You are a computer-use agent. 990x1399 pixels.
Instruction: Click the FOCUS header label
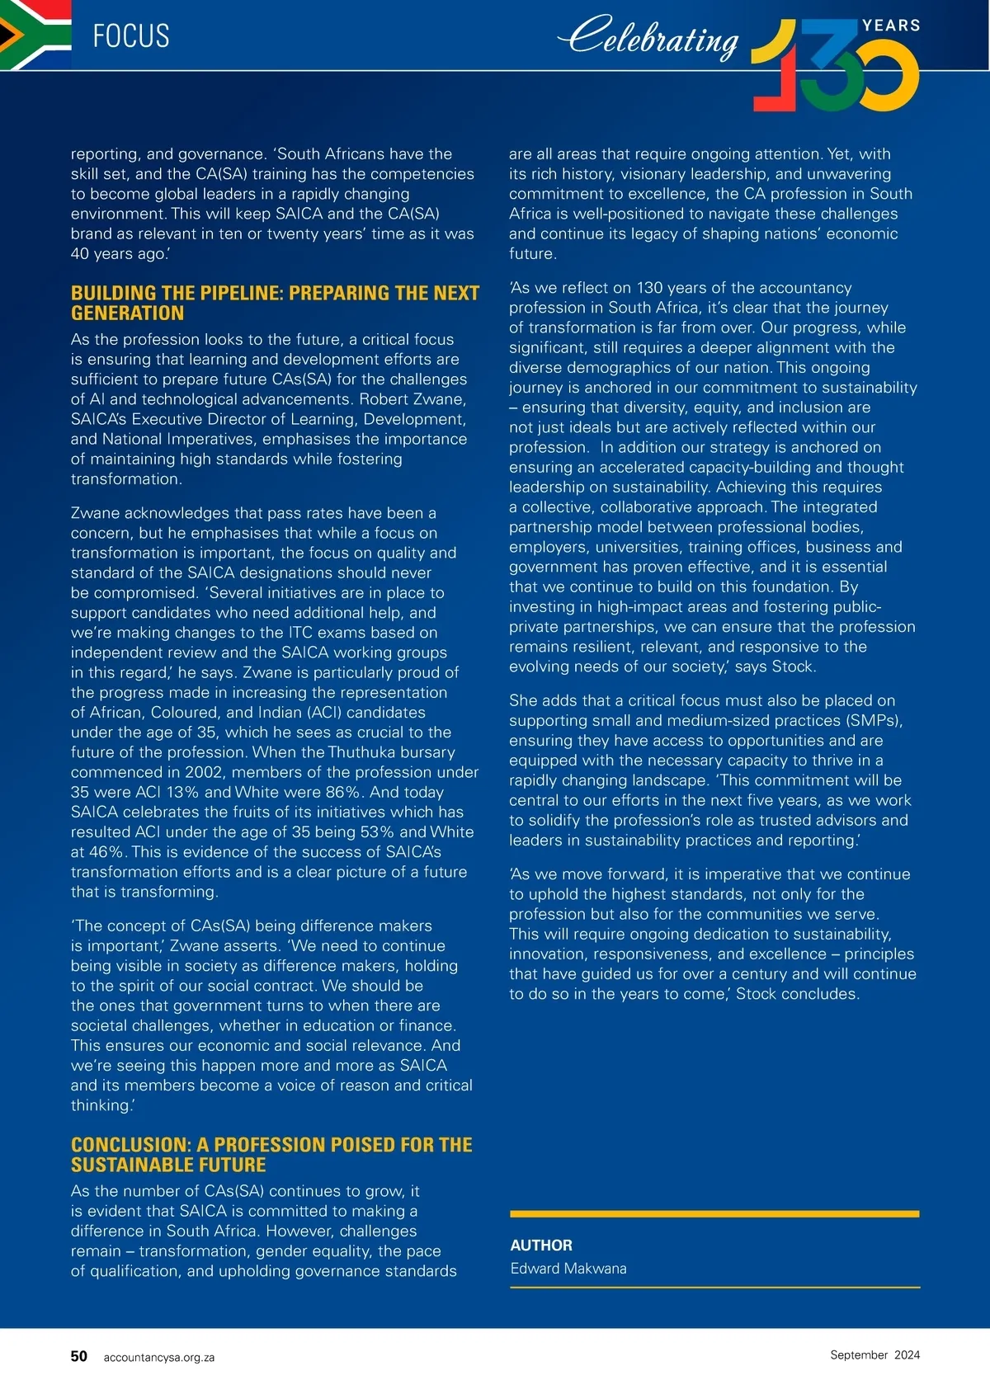point(131,36)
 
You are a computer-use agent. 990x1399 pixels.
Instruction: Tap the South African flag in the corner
point(35,35)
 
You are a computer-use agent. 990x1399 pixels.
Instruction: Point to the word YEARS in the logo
point(891,26)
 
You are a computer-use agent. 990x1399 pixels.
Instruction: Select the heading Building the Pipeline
point(275,303)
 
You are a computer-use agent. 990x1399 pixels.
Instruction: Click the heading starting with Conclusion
point(271,1154)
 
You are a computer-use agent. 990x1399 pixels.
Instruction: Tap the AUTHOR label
point(541,1245)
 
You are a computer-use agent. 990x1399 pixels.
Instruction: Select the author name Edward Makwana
point(568,1268)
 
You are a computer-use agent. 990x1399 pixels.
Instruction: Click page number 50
point(79,1356)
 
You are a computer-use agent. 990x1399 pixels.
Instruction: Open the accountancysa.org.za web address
point(159,1357)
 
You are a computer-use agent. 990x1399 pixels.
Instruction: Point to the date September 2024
point(874,1354)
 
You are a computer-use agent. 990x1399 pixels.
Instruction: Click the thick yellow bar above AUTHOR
point(714,1213)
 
